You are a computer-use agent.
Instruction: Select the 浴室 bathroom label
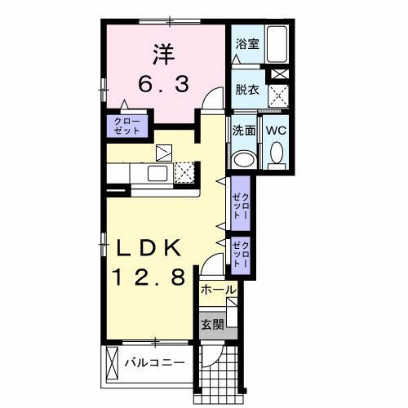(x=247, y=44)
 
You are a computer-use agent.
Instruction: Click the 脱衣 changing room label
(x=247, y=90)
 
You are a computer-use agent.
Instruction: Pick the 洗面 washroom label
(x=243, y=130)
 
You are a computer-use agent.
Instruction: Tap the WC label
(x=274, y=130)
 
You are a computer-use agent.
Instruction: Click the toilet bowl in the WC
(x=277, y=153)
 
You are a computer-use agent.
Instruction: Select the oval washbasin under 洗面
(x=243, y=158)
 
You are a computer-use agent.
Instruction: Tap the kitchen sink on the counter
(x=155, y=173)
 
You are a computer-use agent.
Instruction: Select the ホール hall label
(x=218, y=290)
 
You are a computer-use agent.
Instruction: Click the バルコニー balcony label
(x=154, y=361)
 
